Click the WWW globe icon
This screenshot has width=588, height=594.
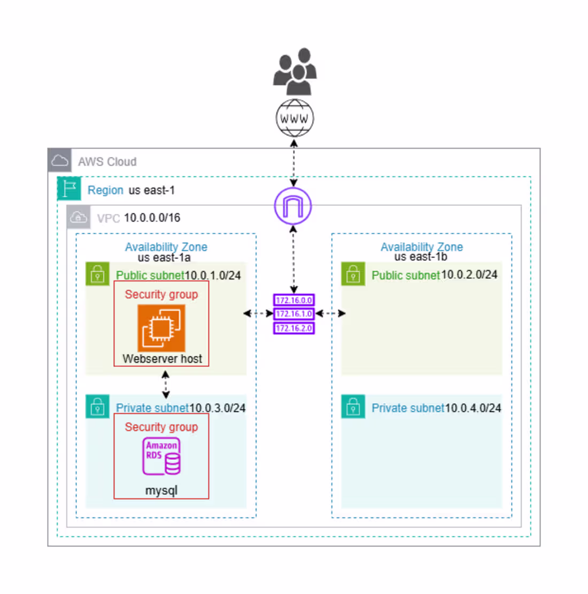(x=295, y=118)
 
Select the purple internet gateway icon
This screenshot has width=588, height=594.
(x=293, y=206)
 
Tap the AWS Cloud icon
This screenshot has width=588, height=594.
(x=59, y=161)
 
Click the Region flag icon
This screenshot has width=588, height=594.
(x=69, y=189)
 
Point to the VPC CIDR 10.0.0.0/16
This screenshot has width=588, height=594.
(x=152, y=218)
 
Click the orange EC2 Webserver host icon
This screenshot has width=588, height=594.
(x=161, y=328)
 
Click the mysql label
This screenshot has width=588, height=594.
(x=161, y=490)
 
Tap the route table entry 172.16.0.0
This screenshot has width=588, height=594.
(x=294, y=300)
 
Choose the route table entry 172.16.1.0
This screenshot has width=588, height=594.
(x=294, y=314)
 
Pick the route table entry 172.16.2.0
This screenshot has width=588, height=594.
(x=294, y=328)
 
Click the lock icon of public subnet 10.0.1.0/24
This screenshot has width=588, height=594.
(x=97, y=274)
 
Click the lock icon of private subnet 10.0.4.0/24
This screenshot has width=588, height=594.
(x=353, y=407)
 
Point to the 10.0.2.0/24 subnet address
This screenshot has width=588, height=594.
(x=469, y=275)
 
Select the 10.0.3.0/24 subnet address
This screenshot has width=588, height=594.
(x=217, y=408)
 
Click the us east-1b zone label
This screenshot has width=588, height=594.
(x=421, y=257)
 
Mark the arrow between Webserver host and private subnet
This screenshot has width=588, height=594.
(x=165, y=384)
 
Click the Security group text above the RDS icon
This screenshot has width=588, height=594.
(x=161, y=427)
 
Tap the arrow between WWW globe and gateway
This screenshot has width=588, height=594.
(x=293, y=163)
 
